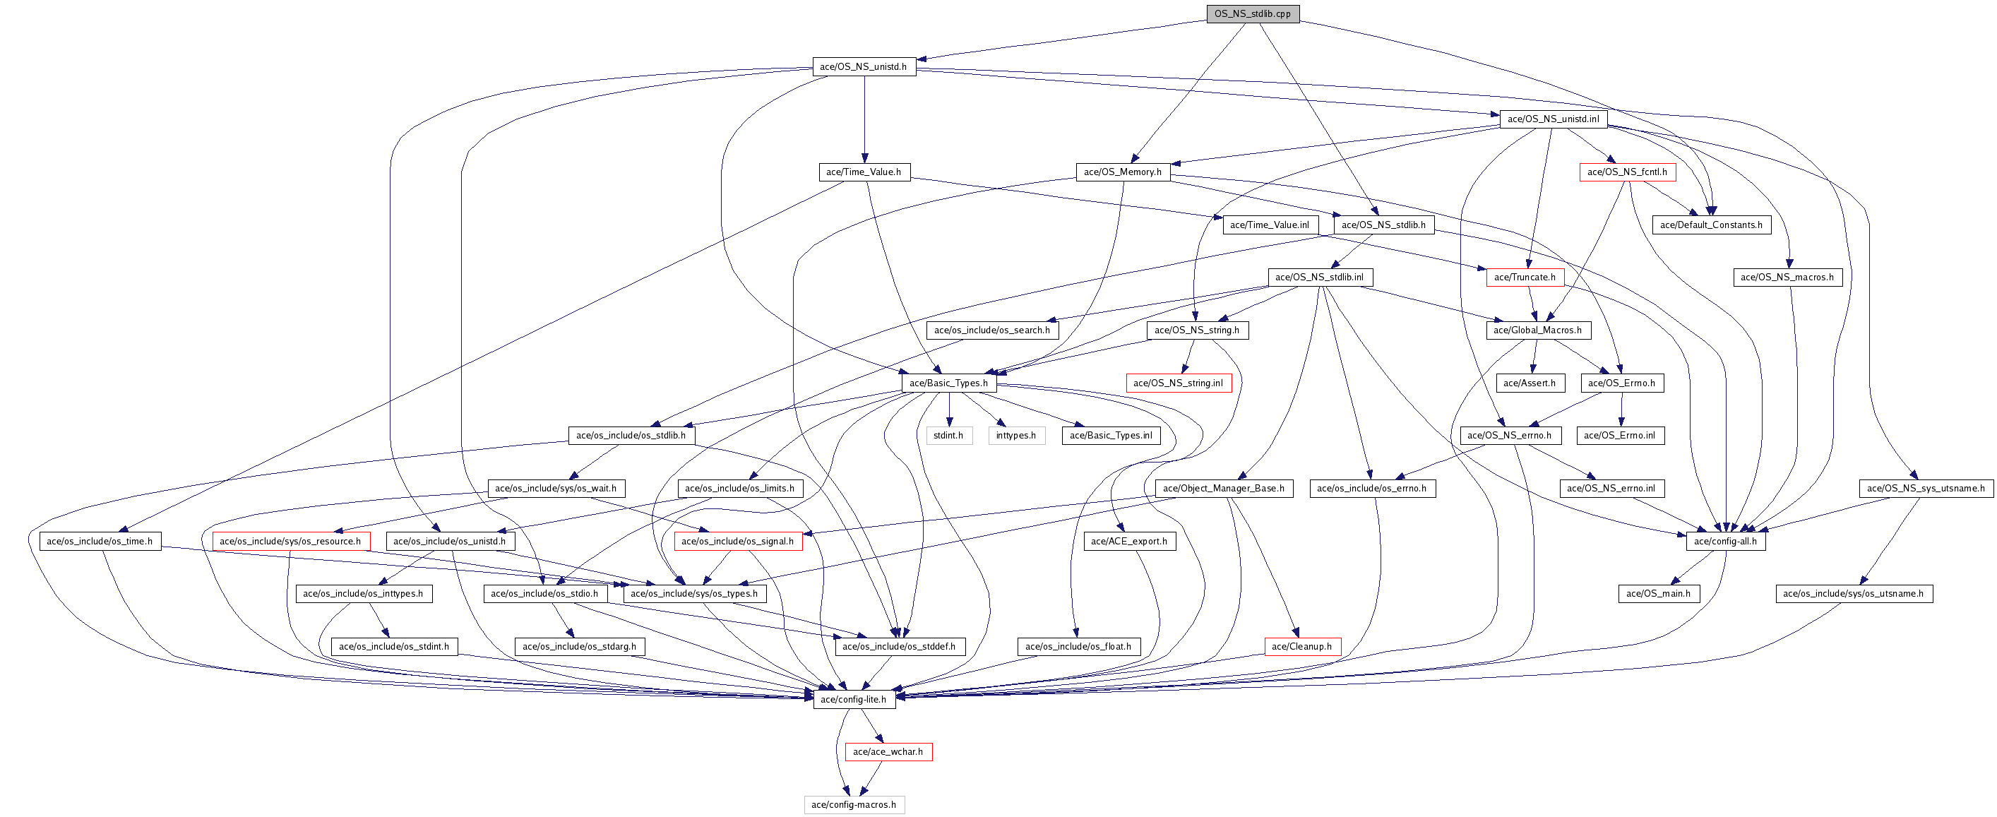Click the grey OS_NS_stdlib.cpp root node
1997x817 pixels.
coord(1252,14)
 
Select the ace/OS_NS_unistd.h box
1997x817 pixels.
coord(864,66)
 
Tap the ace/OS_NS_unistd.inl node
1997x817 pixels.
coord(1553,119)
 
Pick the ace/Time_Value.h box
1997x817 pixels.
coord(864,172)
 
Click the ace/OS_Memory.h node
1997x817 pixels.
coord(1123,172)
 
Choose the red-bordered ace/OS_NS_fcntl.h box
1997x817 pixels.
coord(1627,172)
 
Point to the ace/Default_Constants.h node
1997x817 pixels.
coord(1711,225)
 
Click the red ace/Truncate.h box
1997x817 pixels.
coord(1525,278)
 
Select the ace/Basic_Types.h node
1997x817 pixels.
coord(948,383)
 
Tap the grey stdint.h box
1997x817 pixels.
coord(948,436)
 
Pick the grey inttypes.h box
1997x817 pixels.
coord(1015,436)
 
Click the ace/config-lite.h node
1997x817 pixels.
coord(853,699)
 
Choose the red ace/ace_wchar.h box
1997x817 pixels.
coord(888,752)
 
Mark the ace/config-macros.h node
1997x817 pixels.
coord(854,804)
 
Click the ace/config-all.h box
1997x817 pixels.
coord(1726,541)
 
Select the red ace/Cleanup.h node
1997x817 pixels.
coord(1301,647)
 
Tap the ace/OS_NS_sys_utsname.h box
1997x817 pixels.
coord(1926,489)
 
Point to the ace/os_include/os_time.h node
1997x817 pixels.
coord(100,541)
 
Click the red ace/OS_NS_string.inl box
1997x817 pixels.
coord(1178,383)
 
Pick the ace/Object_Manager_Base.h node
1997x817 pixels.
coord(1223,489)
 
